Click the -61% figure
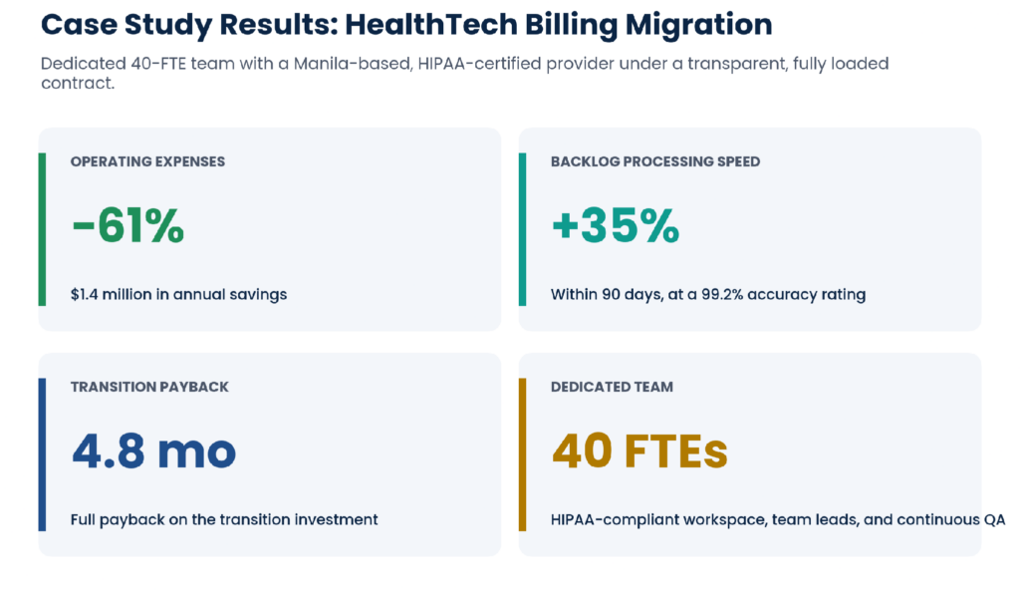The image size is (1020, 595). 127,226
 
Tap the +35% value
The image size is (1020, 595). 616,226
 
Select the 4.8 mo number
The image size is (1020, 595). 153,451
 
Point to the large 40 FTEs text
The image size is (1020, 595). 639,451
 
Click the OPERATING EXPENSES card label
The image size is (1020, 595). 147,161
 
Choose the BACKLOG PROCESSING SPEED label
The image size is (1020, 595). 655,161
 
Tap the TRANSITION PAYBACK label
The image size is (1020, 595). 149,387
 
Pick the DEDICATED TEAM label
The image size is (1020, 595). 612,387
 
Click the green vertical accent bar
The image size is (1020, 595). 42,229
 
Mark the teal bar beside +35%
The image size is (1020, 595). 522,229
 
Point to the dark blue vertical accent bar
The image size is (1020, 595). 42,454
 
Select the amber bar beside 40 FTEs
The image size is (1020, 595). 522,454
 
